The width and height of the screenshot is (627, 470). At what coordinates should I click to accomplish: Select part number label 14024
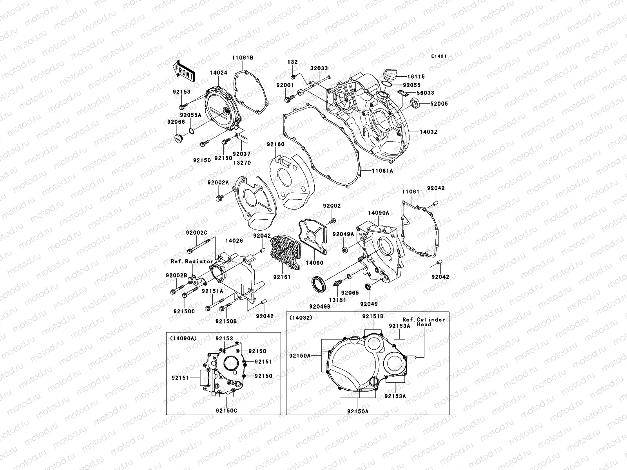pyautogui.click(x=218, y=73)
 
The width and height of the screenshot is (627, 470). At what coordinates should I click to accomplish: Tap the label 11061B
pyautogui.click(x=243, y=58)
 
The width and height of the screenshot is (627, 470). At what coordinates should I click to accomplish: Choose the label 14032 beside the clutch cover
pyautogui.click(x=428, y=132)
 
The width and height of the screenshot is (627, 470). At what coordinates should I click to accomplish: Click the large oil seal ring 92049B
pyautogui.click(x=318, y=284)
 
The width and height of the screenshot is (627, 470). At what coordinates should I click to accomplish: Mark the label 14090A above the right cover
pyautogui.click(x=378, y=213)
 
